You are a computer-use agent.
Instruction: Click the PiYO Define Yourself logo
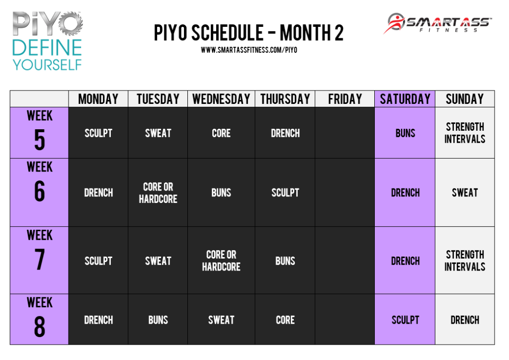coord(47,41)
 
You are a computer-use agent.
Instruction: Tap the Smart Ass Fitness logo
coord(437,23)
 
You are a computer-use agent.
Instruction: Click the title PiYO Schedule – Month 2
coord(249,33)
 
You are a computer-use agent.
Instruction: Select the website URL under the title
coord(249,50)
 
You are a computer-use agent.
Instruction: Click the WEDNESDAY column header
coord(221,99)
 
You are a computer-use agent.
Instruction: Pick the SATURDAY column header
coord(405,99)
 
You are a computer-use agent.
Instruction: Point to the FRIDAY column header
coord(345,99)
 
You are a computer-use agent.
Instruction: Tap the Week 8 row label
coord(39,319)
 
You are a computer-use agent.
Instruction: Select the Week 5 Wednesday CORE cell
coord(221,133)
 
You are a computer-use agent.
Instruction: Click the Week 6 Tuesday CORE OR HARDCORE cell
coord(158,193)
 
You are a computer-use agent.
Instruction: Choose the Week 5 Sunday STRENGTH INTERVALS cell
coord(465,133)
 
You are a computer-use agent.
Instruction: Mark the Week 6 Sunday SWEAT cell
coord(465,193)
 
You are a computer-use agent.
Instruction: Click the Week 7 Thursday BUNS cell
coord(285,261)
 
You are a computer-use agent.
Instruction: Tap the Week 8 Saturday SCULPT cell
coord(405,320)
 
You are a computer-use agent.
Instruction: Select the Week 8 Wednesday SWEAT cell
coord(221,320)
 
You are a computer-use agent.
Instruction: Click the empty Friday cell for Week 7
coord(345,261)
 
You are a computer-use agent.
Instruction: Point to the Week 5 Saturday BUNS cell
coord(405,133)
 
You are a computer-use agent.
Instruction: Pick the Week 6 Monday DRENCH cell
coord(98,193)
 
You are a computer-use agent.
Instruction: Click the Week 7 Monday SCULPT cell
coord(98,261)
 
